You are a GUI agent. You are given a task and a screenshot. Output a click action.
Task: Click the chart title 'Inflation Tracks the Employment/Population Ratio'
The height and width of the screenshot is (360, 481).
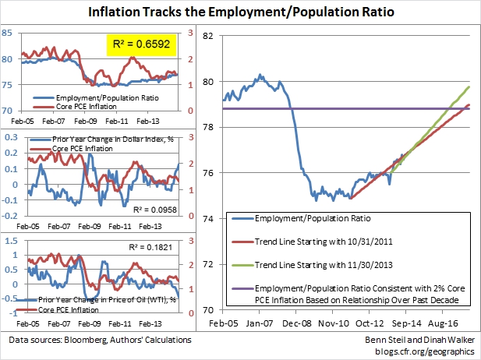(x=241, y=12)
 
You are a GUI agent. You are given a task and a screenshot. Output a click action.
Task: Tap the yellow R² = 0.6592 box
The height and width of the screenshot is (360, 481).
(x=141, y=44)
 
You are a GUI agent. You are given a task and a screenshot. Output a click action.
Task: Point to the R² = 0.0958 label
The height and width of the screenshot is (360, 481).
(x=155, y=210)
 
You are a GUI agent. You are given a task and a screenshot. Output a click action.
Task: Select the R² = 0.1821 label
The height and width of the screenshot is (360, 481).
(x=150, y=247)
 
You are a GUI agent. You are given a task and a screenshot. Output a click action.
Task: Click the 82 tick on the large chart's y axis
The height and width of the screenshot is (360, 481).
(x=207, y=36)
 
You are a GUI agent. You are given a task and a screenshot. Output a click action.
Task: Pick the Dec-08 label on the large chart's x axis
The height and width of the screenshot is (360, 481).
(x=297, y=323)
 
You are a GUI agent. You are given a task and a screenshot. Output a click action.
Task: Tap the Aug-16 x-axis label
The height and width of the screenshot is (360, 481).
(x=443, y=323)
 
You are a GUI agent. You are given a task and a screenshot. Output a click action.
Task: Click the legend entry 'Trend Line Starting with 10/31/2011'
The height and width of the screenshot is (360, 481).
(x=324, y=242)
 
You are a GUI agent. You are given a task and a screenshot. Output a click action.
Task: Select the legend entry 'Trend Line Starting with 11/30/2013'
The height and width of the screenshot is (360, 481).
(x=324, y=265)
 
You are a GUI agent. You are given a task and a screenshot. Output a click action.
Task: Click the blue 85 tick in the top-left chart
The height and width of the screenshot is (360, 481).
(x=7, y=33)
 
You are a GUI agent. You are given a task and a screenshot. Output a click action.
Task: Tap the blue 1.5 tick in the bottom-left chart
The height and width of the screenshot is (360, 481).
(x=12, y=241)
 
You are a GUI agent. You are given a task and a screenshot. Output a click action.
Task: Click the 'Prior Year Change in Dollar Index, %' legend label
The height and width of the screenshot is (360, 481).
(x=113, y=139)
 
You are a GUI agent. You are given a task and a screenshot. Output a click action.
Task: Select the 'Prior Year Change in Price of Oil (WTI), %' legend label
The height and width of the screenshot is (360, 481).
(x=107, y=299)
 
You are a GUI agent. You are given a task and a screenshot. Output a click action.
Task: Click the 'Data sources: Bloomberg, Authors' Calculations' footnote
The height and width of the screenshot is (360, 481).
(x=100, y=340)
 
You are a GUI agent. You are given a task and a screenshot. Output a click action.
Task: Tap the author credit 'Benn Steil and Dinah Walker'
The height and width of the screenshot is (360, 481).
(x=419, y=340)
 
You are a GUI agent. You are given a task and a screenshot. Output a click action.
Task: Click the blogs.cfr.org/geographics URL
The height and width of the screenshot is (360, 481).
(x=425, y=351)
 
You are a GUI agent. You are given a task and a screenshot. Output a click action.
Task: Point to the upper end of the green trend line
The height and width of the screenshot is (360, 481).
(x=469, y=87)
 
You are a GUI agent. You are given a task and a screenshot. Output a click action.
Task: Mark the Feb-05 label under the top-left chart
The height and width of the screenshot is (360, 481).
(x=23, y=121)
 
